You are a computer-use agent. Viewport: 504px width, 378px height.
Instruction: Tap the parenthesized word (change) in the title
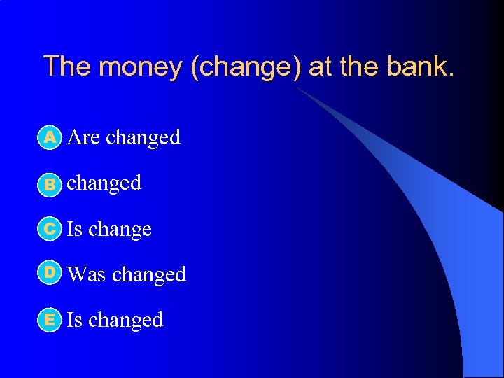(242, 68)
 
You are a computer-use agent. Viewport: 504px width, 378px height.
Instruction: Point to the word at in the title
(320, 66)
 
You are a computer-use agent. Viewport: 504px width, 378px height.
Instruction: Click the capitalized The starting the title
(68, 66)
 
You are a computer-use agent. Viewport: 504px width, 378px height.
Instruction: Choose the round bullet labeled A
(50, 137)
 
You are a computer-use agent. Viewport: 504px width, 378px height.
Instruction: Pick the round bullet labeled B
(50, 183)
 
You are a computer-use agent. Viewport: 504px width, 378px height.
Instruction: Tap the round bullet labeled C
(50, 229)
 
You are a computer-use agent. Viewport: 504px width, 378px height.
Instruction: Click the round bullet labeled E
(50, 320)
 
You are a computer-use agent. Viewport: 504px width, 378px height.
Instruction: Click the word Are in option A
(83, 137)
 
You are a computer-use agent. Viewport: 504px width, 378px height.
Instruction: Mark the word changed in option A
(143, 137)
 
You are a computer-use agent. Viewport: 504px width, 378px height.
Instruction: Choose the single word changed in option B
(104, 183)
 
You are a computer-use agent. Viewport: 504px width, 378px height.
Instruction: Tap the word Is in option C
(73, 229)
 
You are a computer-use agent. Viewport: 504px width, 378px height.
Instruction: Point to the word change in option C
(120, 230)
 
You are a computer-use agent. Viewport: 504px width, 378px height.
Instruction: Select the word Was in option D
(86, 274)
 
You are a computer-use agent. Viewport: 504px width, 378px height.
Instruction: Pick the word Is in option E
(73, 320)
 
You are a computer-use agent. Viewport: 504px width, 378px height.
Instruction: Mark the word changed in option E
(125, 320)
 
